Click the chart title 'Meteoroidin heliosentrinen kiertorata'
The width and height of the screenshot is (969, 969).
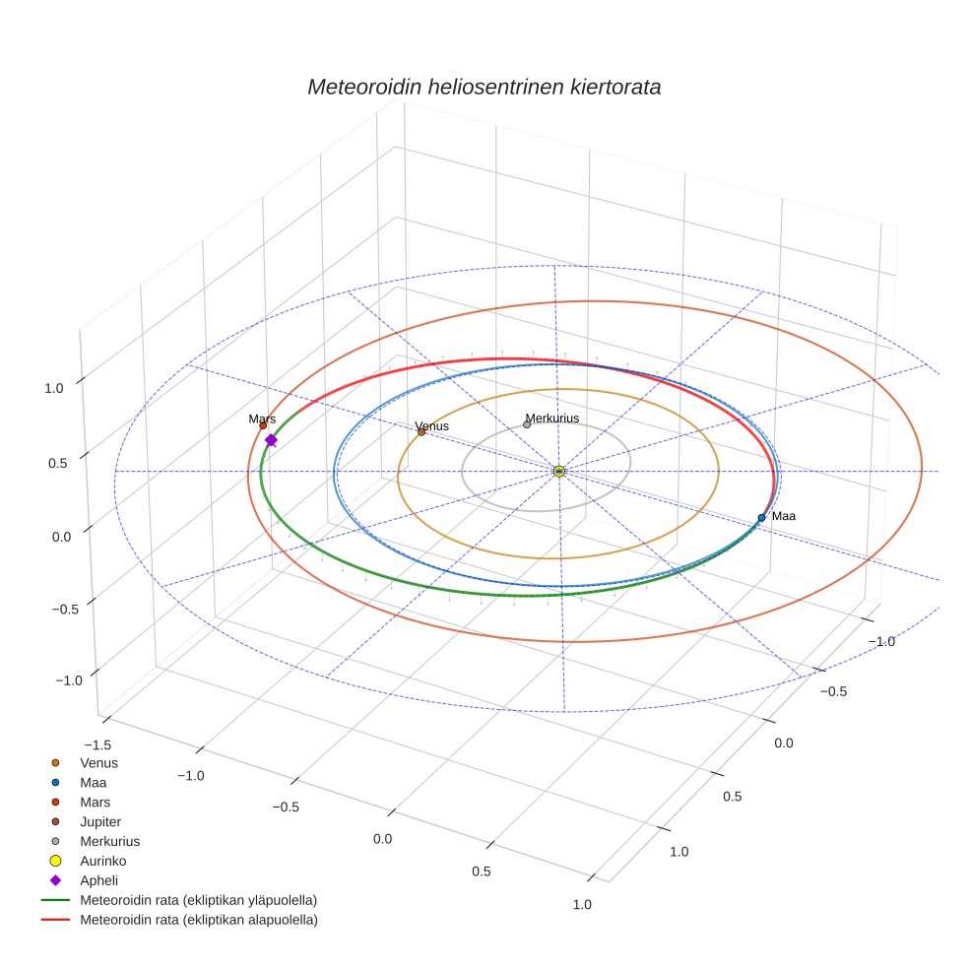(484, 87)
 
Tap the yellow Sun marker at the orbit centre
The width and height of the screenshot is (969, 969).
(558, 472)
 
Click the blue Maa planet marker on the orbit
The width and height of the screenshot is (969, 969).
(761, 517)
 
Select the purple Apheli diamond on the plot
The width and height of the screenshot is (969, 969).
(271, 440)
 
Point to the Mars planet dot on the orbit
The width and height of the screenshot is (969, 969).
(263, 425)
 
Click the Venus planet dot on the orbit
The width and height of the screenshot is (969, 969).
(421, 432)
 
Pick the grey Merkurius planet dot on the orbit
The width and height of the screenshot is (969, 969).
(527, 425)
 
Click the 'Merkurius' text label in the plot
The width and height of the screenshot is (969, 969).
(551, 419)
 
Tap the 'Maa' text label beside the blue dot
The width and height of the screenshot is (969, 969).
(784, 516)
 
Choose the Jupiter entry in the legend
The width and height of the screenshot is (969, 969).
(99, 821)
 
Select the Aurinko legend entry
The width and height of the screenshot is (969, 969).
(103, 861)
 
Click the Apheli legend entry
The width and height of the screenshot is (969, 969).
(98, 880)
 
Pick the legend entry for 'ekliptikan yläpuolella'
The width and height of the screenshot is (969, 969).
(198, 900)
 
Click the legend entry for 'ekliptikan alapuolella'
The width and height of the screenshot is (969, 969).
(198, 920)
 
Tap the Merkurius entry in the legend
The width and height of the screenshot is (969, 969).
(109, 841)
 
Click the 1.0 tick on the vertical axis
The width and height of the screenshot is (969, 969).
(54, 388)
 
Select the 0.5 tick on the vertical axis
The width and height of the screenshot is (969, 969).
(56, 463)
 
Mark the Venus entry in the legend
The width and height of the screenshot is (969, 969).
(98, 762)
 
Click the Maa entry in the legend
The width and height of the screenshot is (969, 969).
(94, 782)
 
